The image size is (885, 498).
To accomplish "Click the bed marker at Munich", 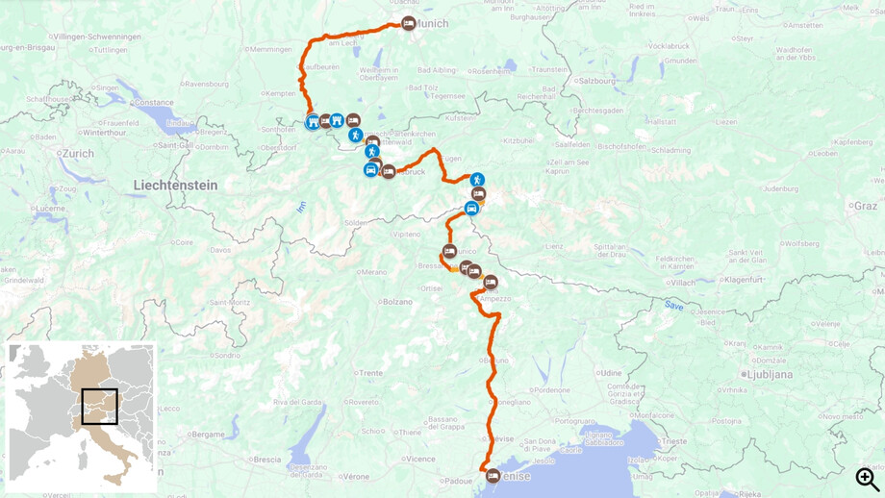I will [408, 23].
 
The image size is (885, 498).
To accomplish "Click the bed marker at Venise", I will [493, 475].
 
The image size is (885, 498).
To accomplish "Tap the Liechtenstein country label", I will [175, 186].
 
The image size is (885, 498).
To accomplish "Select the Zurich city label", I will [79, 154].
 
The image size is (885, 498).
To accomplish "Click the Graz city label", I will [865, 207].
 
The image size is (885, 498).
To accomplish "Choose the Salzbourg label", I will [597, 81].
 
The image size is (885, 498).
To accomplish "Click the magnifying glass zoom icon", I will [867, 478].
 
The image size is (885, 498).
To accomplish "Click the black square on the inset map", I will [99, 406].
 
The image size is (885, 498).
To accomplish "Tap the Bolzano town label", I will [397, 302].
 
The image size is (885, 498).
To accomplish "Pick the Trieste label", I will [673, 441].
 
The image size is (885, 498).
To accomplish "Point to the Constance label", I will [154, 102].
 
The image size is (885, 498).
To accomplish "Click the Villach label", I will [683, 283].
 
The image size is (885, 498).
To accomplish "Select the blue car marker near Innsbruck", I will [370, 170].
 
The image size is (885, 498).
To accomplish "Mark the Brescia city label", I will [267, 460].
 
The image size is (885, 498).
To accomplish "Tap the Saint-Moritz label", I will [231, 303].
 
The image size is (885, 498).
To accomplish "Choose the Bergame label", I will [207, 435].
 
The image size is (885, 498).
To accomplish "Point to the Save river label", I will [673, 305].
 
